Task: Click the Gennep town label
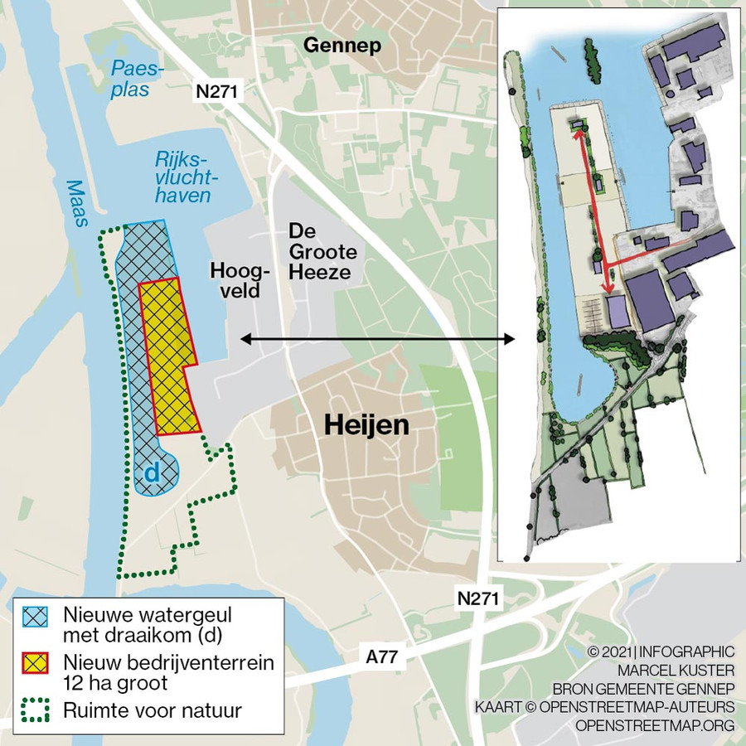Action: pos(342,46)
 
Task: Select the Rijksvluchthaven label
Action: pos(182,177)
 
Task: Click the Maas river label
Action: pos(76,203)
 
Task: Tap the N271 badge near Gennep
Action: pos(217,92)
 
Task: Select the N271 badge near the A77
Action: pos(478,598)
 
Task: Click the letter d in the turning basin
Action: pos(152,472)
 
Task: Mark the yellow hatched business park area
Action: pos(168,356)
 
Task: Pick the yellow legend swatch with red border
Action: pos(35,664)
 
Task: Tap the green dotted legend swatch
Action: pos(35,711)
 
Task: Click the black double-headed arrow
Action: pos(377,338)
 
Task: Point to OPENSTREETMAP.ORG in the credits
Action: pos(656,725)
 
